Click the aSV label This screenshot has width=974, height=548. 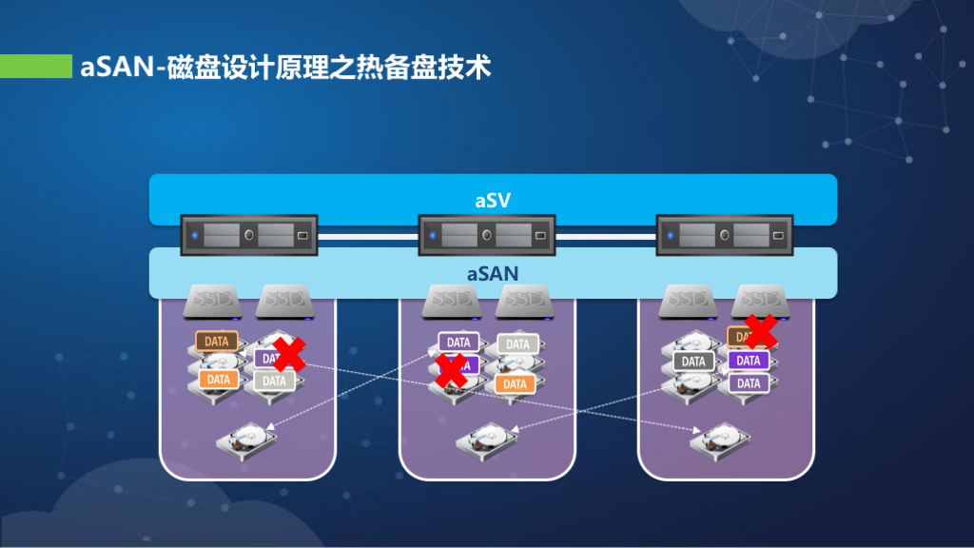coord(493,201)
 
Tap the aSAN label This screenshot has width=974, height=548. coord(493,274)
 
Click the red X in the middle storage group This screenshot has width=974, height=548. coord(451,370)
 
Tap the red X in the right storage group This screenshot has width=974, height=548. coord(760,331)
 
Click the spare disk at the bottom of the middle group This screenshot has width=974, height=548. coord(487,440)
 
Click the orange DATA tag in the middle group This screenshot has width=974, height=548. coord(515,384)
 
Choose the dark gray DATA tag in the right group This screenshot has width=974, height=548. coord(693,362)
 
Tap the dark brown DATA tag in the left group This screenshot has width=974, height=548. coord(216,341)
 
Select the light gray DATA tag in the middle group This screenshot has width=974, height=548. coord(517,344)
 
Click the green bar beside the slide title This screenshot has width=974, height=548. coord(36,67)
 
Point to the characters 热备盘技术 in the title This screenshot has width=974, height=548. coord(434,67)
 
